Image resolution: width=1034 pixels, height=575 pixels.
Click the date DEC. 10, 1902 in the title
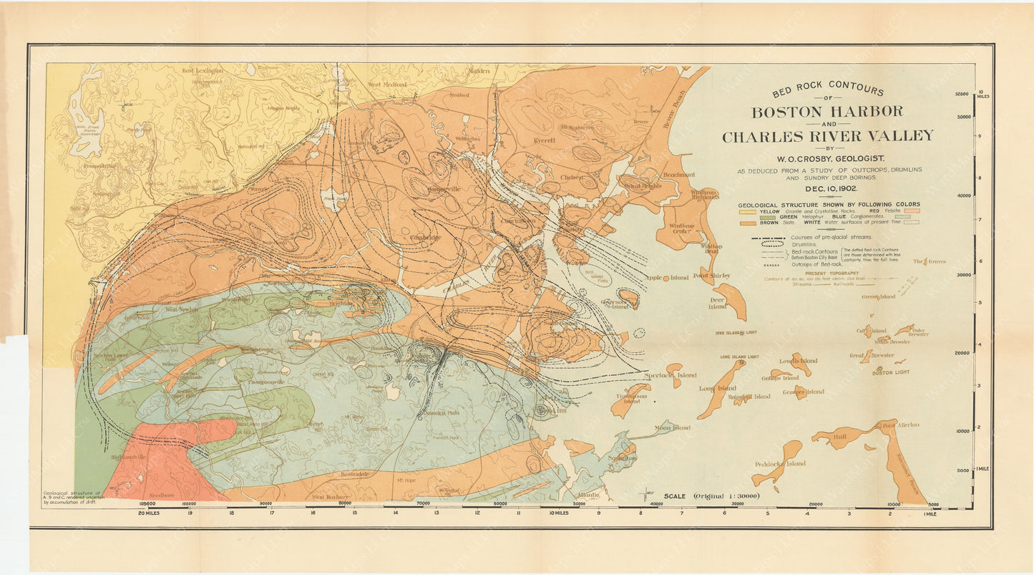(x=827, y=189)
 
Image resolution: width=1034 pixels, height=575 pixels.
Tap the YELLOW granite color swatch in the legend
(x=747, y=212)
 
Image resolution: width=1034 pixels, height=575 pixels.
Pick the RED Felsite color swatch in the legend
(x=912, y=212)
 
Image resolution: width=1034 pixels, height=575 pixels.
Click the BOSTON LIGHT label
(x=891, y=372)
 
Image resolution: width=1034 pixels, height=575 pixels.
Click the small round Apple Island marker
(x=666, y=278)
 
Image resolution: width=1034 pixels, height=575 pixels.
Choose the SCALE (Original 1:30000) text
(x=711, y=496)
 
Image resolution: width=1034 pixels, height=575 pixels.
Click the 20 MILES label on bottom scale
(x=148, y=513)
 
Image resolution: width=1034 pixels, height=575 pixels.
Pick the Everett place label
(x=544, y=140)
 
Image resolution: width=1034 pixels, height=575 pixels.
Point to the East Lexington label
(x=202, y=71)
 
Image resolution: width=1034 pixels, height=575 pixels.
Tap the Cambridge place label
(x=425, y=237)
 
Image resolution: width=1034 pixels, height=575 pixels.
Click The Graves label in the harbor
(x=929, y=262)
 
